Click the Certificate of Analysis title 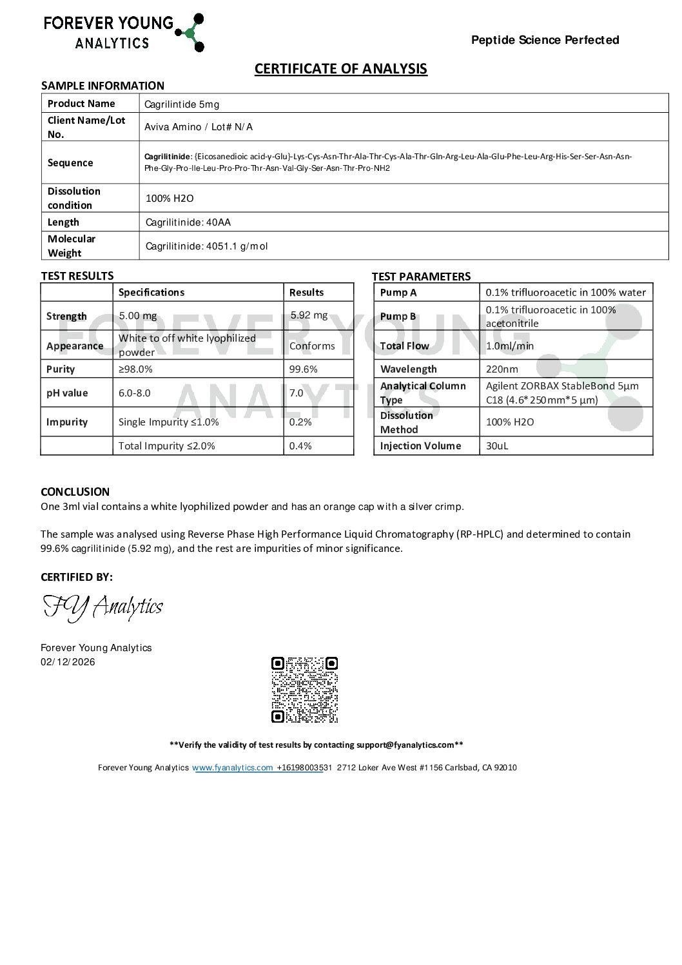tap(340, 69)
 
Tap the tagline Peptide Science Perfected tap(545, 40)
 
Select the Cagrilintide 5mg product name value tap(182, 104)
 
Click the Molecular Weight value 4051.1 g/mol tap(206, 246)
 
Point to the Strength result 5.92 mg tap(309, 315)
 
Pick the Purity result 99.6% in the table tap(303, 369)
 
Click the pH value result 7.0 tap(296, 393)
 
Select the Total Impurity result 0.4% tap(300, 446)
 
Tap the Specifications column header tap(151, 293)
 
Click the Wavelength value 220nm tap(503, 369)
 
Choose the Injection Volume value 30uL tap(497, 446)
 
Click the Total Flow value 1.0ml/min tap(510, 346)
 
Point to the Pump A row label tap(398, 293)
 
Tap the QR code tap(304, 690)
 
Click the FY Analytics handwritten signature tap(102, 607)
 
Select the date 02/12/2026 tap(68, 662)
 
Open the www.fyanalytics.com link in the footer tap(233, 768)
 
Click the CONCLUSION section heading tap(75, 492)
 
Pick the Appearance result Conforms tap(312, 346)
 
